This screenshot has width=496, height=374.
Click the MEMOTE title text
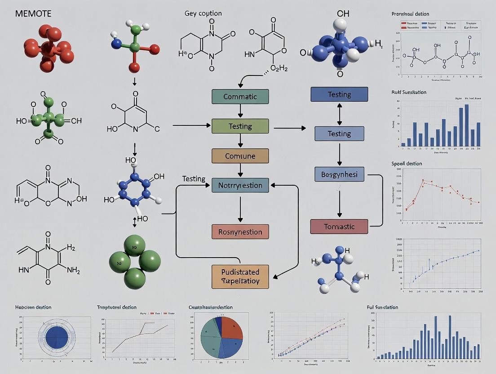(33, 14)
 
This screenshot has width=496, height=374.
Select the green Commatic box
(240, 97)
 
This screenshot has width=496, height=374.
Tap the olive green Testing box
(240, 126)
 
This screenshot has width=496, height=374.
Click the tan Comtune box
(240, 156)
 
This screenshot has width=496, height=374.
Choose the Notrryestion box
(240, 185)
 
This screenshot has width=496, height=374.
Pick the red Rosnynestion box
(240, 232)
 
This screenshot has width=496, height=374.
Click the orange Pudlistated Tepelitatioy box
(240, 276)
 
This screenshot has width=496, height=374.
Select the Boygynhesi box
(339, 174)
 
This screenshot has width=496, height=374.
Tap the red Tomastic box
(339, 227)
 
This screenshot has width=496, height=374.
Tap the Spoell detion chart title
(407, 164)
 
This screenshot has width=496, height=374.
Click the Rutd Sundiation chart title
(409, 92)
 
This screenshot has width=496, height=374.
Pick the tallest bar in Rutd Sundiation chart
(466, 125)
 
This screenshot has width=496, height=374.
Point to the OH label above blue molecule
(343, 14)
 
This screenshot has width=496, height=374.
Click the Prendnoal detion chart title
(410, 14)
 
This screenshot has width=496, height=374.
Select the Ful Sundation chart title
(382, 307)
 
